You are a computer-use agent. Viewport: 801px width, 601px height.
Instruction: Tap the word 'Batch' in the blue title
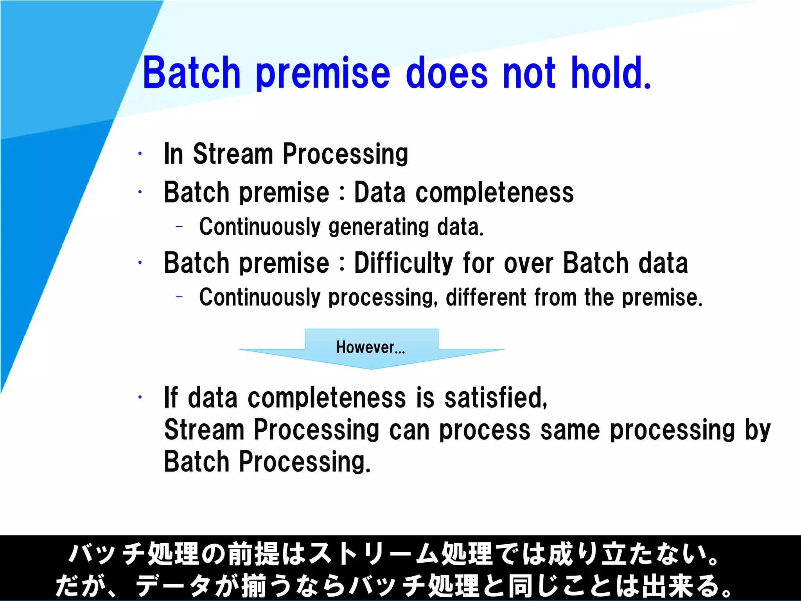click(x=191, y=73)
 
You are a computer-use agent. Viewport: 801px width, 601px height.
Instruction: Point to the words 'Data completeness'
click(x=463, y=193)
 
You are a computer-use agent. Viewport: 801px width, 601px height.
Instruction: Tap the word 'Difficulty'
click(x=403, y=263)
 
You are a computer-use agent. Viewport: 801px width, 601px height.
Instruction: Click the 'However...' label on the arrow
click(x=370, y=347)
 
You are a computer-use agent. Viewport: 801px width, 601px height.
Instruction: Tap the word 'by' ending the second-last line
click(x=758, y=430)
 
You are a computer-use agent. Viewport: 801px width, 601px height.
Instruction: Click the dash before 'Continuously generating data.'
click(x=180, y=226)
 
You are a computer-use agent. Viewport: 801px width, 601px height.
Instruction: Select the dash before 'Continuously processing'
click(x=180, y=297)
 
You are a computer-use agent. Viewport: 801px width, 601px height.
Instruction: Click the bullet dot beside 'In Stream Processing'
click(x=140, y=154)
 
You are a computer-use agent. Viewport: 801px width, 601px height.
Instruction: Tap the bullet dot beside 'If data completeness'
click(x=140, y=398)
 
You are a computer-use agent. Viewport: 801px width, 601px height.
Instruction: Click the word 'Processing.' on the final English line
click(x=304, y=462)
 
